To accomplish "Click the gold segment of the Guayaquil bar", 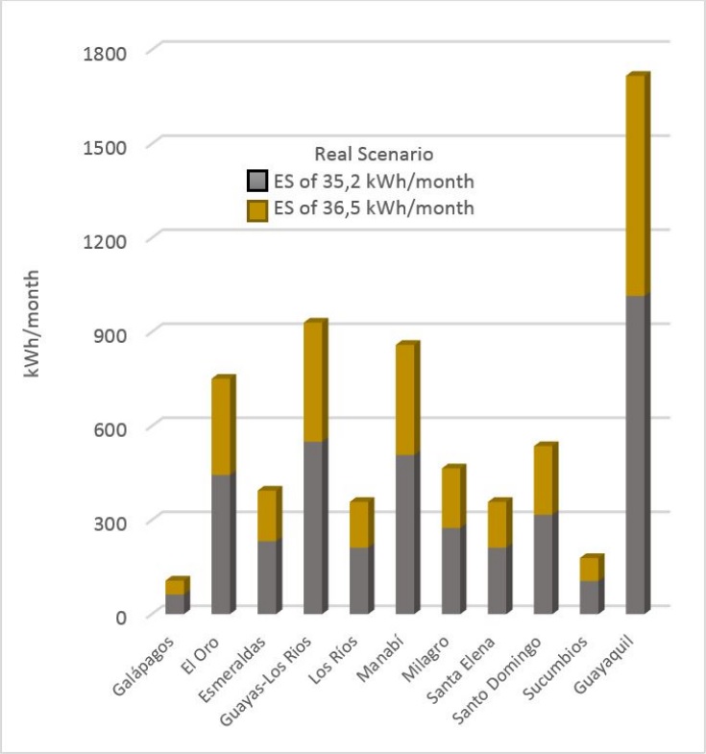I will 636,187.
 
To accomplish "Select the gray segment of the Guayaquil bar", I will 636,456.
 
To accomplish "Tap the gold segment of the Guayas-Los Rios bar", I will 313,383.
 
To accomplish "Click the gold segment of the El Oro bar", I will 221,428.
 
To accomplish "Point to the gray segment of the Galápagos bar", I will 174,605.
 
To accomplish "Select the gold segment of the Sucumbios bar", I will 589,571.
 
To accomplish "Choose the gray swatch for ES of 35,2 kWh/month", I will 256,181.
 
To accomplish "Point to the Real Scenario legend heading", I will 374,154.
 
